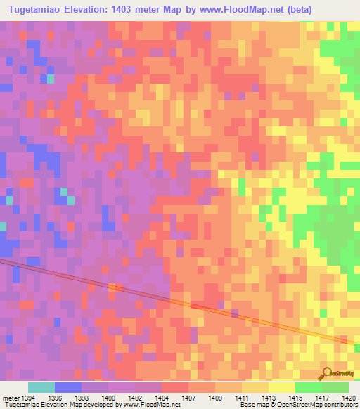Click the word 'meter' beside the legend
11,398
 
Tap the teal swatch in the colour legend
41,387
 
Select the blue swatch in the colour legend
68,387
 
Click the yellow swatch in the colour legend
281,387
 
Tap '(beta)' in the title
310,9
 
